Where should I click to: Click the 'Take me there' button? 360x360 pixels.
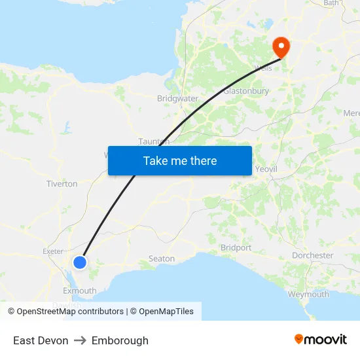[x=179, y=160]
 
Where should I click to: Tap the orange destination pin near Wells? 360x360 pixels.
[x=281, y=46]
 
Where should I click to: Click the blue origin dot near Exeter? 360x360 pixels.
[x=79, y=262]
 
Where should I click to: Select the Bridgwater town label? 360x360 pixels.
[x=177, y=99]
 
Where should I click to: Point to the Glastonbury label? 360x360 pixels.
[x=246, y=91]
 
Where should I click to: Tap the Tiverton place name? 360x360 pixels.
[x=62, y=184]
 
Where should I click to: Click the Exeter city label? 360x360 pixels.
[x=52, y=251]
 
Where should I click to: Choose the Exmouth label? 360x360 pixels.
[x=79, y=291]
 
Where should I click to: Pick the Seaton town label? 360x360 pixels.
[x=162, y=259]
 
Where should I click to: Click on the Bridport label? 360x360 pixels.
[x=236, y=248]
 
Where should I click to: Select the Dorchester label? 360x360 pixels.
[x=312, y=255]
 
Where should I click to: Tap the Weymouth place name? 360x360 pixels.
[x=308, y=294]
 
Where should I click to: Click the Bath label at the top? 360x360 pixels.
[x=331, y=3]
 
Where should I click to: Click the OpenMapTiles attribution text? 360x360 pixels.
[x=166, y=312]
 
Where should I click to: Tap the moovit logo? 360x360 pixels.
[x=321, y=339]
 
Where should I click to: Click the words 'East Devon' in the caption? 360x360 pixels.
[x=41, y=340]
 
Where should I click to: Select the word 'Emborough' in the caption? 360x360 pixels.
[x=120, y=340]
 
